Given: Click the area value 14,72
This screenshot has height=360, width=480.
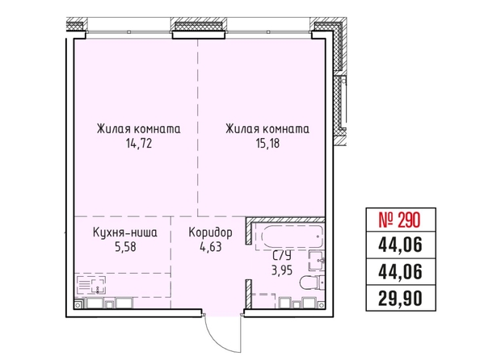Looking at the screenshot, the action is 139,144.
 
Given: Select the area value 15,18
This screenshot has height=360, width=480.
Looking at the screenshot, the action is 267,144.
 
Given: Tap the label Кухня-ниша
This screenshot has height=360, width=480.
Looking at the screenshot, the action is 125,232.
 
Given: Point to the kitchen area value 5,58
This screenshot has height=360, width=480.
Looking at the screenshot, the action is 125,246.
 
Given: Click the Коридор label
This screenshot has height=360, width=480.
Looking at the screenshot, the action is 210,233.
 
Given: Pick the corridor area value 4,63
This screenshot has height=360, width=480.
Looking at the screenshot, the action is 210,246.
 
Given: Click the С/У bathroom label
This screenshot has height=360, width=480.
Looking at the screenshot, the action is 282,256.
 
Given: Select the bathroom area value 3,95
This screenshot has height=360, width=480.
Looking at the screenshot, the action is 282,270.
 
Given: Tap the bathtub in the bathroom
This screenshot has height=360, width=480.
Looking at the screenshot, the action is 293,237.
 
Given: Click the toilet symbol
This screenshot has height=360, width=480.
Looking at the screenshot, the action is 312,283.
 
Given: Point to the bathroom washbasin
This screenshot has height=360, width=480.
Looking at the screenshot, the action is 317,261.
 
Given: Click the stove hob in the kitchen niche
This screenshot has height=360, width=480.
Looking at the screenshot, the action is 91,285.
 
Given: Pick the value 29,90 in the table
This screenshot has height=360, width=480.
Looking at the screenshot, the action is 401,298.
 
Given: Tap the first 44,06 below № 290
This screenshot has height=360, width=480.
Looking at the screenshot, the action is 401,245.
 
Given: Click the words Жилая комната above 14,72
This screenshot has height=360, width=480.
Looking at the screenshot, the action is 139,129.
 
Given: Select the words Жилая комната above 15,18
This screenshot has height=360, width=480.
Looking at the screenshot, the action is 267,129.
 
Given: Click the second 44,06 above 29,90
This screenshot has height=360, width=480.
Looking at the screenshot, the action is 401,271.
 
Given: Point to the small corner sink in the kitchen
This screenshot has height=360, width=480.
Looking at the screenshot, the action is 78,304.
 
